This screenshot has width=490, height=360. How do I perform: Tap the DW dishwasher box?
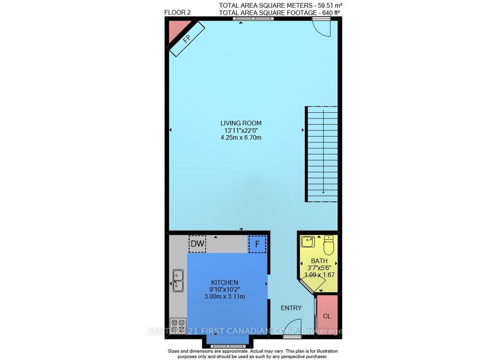pyautogui.click(x=197, y=244)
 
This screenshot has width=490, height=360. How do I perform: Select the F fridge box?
pyautogui.click(x=257, y=244)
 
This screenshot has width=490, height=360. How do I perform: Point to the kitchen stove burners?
pyautogui.click(x=178, y=327)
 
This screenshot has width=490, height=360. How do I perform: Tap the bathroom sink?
pyautogui.click(x=308, y=242)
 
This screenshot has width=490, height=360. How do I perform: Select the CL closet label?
pyautogui.click(x=327, y=316)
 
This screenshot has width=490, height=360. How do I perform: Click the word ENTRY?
pyautogui.click(x=291, y=308)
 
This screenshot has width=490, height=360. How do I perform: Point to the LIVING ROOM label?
pyautogui.click(x=241, y=123)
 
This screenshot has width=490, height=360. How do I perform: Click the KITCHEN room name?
pyautogui.click(x=224, y=283)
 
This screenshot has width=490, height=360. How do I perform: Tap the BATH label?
pyautogui.click(x=319, y=261)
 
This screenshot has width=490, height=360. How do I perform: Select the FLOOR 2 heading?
pyautogui.click(x=177, y=13)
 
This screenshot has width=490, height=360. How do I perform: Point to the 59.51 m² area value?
pyautogui.click(x=332, y=5)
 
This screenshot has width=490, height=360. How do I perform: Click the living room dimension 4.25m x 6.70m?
pyautogui.click(x=241, y=138)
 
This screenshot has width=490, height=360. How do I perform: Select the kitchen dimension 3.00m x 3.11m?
pyautogui.click(x=224, y=297)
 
